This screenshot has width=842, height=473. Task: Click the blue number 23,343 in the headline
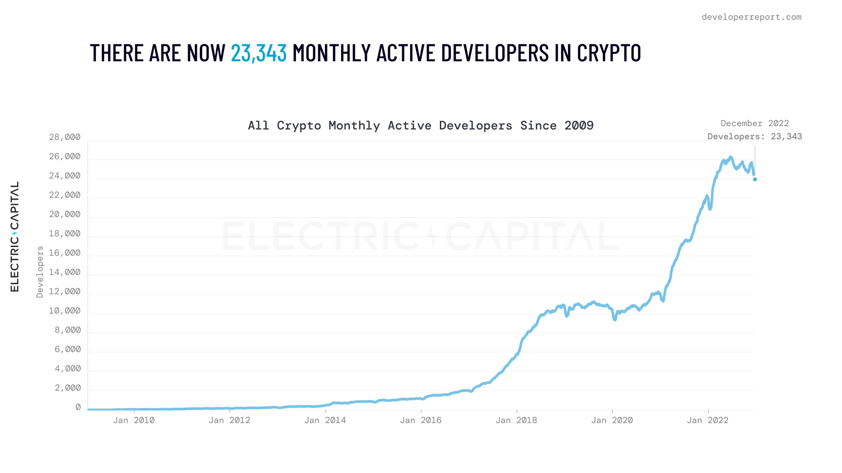[258, 53]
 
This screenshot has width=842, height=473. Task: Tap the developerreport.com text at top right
[751, 17]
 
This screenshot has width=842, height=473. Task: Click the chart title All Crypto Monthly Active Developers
[420, 126]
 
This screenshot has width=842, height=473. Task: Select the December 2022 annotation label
[754, 124]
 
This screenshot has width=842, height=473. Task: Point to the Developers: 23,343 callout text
[754, 137]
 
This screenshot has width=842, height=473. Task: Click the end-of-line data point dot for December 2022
[755, 179]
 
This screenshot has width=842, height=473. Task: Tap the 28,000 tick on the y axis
[65, 138]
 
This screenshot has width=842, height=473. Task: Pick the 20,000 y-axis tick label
[65, 215]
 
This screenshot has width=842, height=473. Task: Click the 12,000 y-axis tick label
[65, 292]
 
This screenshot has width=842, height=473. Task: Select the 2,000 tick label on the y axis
[68, 388]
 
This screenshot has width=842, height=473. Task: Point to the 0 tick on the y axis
[78, 407]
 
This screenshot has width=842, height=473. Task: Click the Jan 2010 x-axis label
[134, 420]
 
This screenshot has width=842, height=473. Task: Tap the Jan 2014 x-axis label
[325, 420]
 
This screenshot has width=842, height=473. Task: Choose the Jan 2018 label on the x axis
[516, 420]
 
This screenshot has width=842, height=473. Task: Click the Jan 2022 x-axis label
[707, 420]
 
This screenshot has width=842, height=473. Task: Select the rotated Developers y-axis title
[40, 272]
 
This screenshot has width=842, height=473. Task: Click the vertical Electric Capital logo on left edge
[14, 236]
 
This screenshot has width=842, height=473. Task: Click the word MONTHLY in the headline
[332, 53]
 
